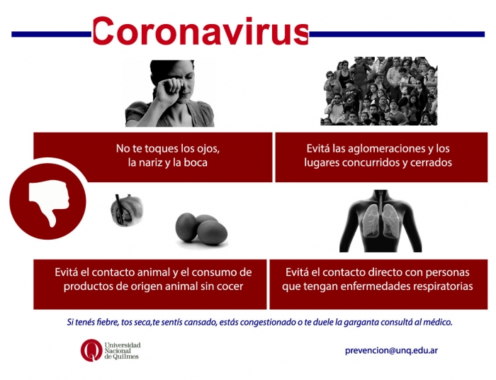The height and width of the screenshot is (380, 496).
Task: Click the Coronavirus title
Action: pyautogui.click(x=201, y=31)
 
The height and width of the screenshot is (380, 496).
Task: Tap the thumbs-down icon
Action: pyautogui.click(x=49, y=203)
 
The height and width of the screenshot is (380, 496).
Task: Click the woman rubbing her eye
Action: pyautogui.click(x=170, y=94)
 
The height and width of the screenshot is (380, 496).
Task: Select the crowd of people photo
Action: pyautogui.click(x=379, y=91)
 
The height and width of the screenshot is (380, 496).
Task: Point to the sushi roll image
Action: pyautogui.click(x=127, y=210)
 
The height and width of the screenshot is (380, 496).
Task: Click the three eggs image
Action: pyautogui.click(x=201, y=230)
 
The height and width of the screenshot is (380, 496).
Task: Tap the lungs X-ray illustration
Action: pyautogui.click(x=381, y=221)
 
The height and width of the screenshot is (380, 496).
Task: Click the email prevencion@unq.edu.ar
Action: pyautogui.click(x=392, y=350)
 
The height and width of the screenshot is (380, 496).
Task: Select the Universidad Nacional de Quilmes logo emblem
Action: pyautogui.click(x=91, y=350)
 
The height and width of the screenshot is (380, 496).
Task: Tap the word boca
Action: pyautogui.click(x=196, y=162)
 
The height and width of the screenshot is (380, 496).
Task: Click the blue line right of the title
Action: pyautogui.click(x=397, y=34)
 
